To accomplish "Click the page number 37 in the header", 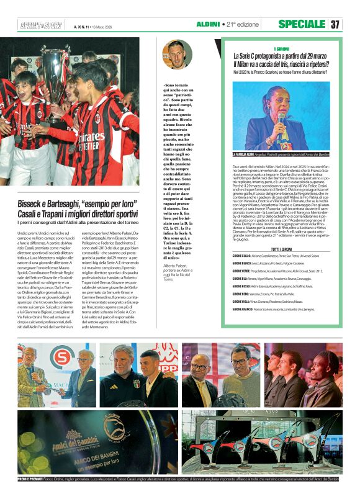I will (335, 24).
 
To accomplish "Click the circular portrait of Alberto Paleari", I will (177, 55).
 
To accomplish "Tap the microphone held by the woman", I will (281, 119).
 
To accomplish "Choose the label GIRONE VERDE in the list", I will (241, 271).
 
